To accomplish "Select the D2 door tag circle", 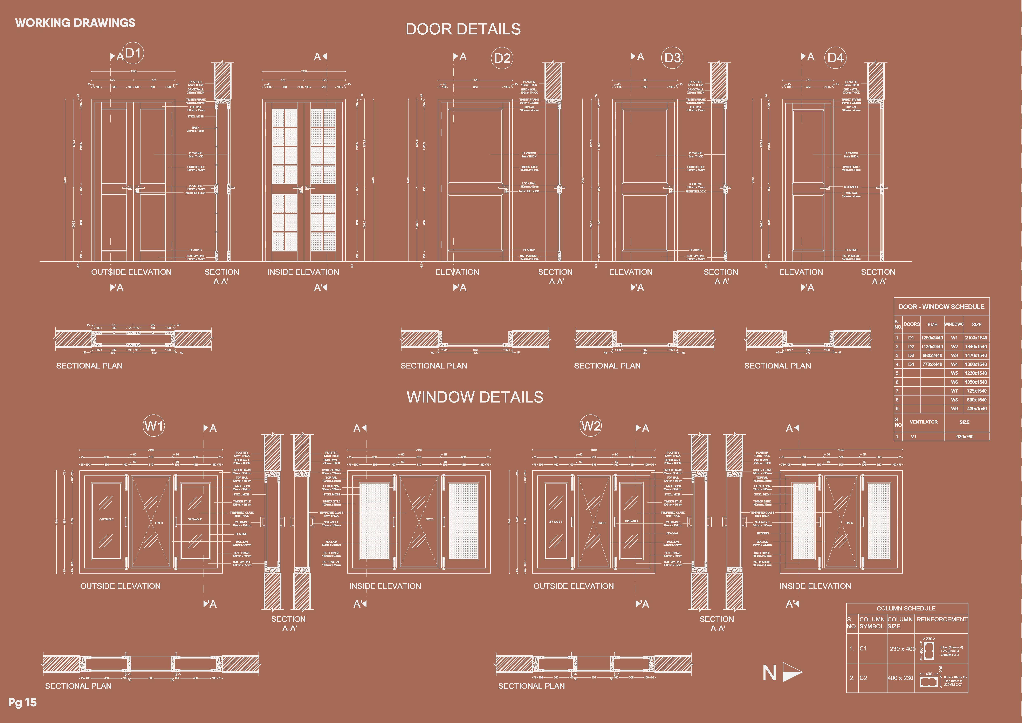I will [502, 58].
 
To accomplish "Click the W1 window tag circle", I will [153, 426].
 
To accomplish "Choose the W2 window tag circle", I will [591, 426].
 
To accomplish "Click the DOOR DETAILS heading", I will [463, 29].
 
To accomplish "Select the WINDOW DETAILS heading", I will [475, 397].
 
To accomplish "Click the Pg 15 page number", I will [22, 703].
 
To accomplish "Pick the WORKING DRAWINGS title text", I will [75, 23].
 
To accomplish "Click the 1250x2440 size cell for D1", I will [932, 338].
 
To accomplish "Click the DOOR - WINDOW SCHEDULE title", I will [941, 307].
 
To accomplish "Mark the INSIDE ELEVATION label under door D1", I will [303, 272].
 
